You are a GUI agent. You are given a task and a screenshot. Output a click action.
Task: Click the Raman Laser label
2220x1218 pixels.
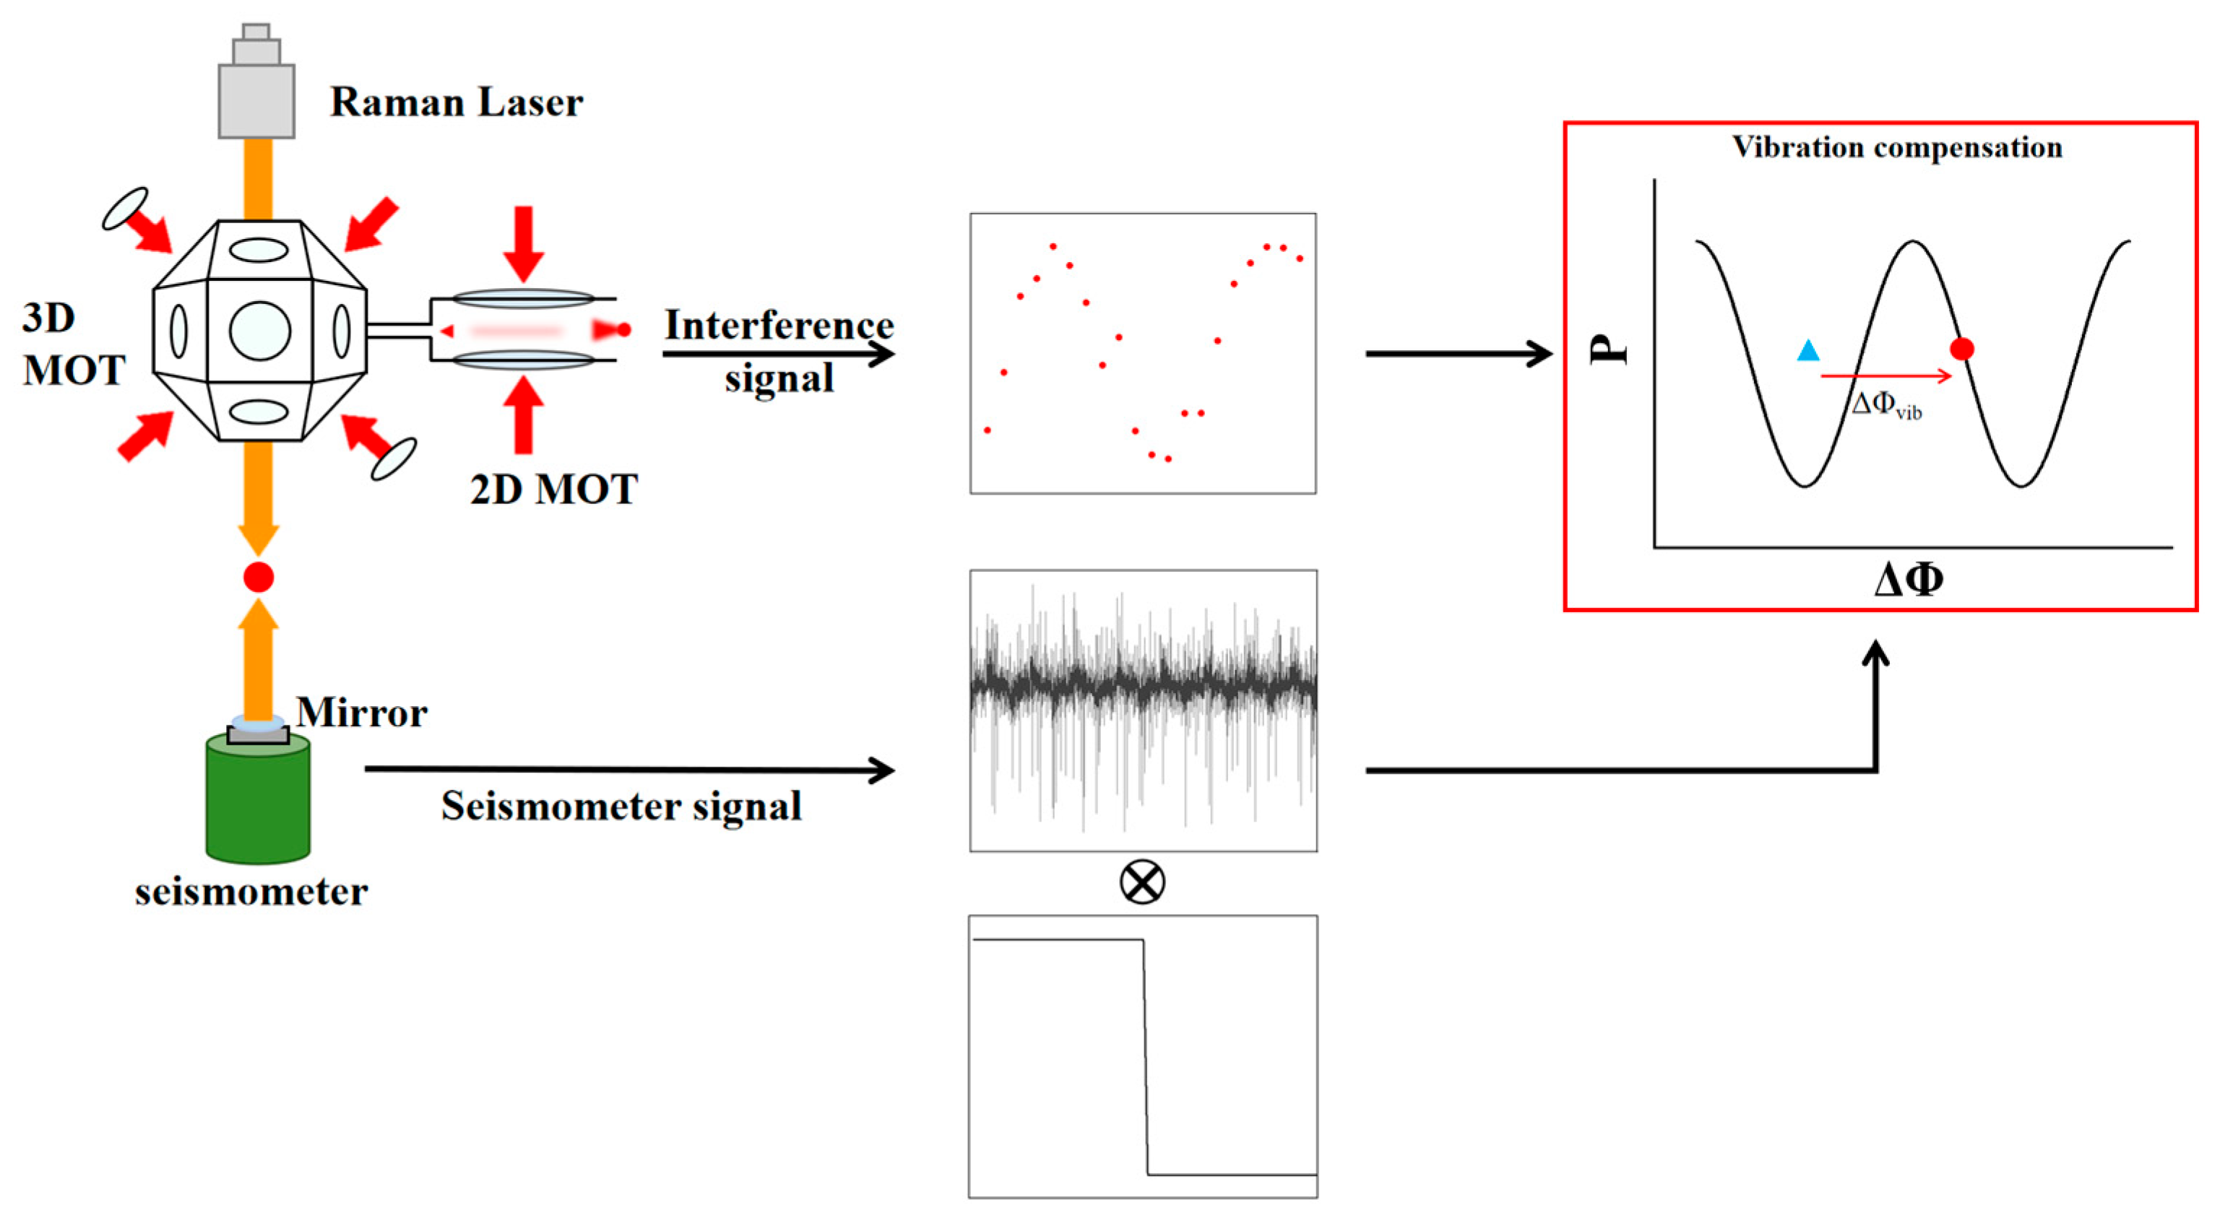click(456, 103)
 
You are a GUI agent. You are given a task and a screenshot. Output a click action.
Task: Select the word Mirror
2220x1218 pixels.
click(361, 713)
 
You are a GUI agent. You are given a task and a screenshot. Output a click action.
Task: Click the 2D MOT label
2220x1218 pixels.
click(553, 490)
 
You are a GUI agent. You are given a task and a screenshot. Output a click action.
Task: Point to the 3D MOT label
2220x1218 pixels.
click(73, 344)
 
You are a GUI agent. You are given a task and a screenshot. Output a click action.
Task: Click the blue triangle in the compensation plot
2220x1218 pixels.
click(1808, 351)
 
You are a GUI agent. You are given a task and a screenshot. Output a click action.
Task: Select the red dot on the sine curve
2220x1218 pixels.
click(1962, 349)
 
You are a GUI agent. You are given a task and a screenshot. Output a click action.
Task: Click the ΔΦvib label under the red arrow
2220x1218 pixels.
click(1886, 405)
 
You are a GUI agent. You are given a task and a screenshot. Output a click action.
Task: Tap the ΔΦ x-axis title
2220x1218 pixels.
click(1908, 580)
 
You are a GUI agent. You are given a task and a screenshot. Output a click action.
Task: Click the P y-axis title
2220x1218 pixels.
click(1608, 351)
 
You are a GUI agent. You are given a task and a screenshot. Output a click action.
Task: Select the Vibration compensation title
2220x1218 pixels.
click(1897, 147)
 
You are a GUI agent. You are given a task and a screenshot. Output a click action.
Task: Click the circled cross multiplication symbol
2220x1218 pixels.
click(1142, 883)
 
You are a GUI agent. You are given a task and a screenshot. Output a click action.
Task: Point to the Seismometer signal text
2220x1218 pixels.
click(621, 806)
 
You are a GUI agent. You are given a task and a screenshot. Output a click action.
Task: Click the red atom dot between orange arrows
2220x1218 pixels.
click(259, 577)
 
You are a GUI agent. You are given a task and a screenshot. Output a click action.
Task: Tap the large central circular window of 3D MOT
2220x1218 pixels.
click(259, 331)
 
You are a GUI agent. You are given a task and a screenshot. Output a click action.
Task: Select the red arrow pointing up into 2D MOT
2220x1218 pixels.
click(523, 415)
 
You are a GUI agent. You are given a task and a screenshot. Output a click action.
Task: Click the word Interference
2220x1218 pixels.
click(779, 326)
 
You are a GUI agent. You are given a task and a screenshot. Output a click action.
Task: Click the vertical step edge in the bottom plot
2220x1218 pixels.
click(1145, 1058)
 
